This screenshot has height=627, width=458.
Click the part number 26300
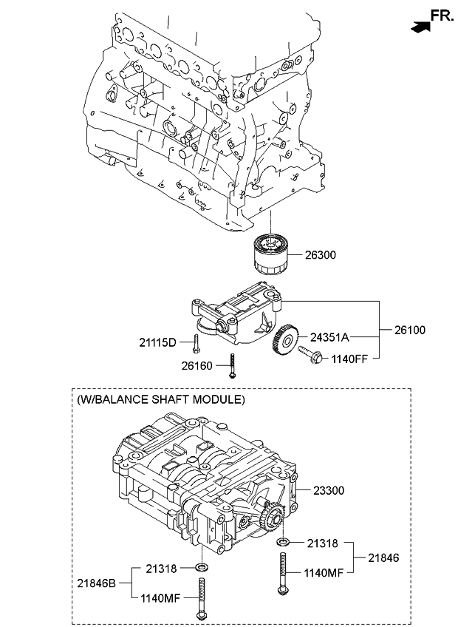coord(321,255)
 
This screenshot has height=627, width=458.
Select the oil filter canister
coord(272,254)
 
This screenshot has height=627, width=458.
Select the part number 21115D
coord(158,342)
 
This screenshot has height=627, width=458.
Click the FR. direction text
coord(442,15)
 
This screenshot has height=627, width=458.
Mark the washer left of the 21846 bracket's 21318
coord(283,543)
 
